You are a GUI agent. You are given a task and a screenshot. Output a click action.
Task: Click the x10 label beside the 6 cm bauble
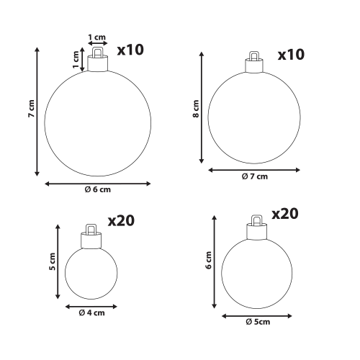coord(130,50)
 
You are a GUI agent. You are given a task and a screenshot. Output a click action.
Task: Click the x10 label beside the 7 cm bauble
coord(291,55)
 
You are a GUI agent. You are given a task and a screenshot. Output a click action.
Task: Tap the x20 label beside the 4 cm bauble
coord(121,221)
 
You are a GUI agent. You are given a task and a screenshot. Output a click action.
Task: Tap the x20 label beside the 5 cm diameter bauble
coord(285,214)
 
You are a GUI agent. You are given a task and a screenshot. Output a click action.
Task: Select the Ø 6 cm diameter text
coord(98,189)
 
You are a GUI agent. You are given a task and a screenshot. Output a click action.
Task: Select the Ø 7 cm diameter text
coord(255,176)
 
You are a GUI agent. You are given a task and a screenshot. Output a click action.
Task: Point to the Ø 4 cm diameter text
coord(91,313)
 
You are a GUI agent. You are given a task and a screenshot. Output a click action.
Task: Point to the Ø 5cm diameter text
coord(258,322)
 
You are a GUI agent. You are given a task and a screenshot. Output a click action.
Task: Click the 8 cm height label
coord(196,109)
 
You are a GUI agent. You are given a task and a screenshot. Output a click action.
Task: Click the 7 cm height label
coord(31,109)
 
